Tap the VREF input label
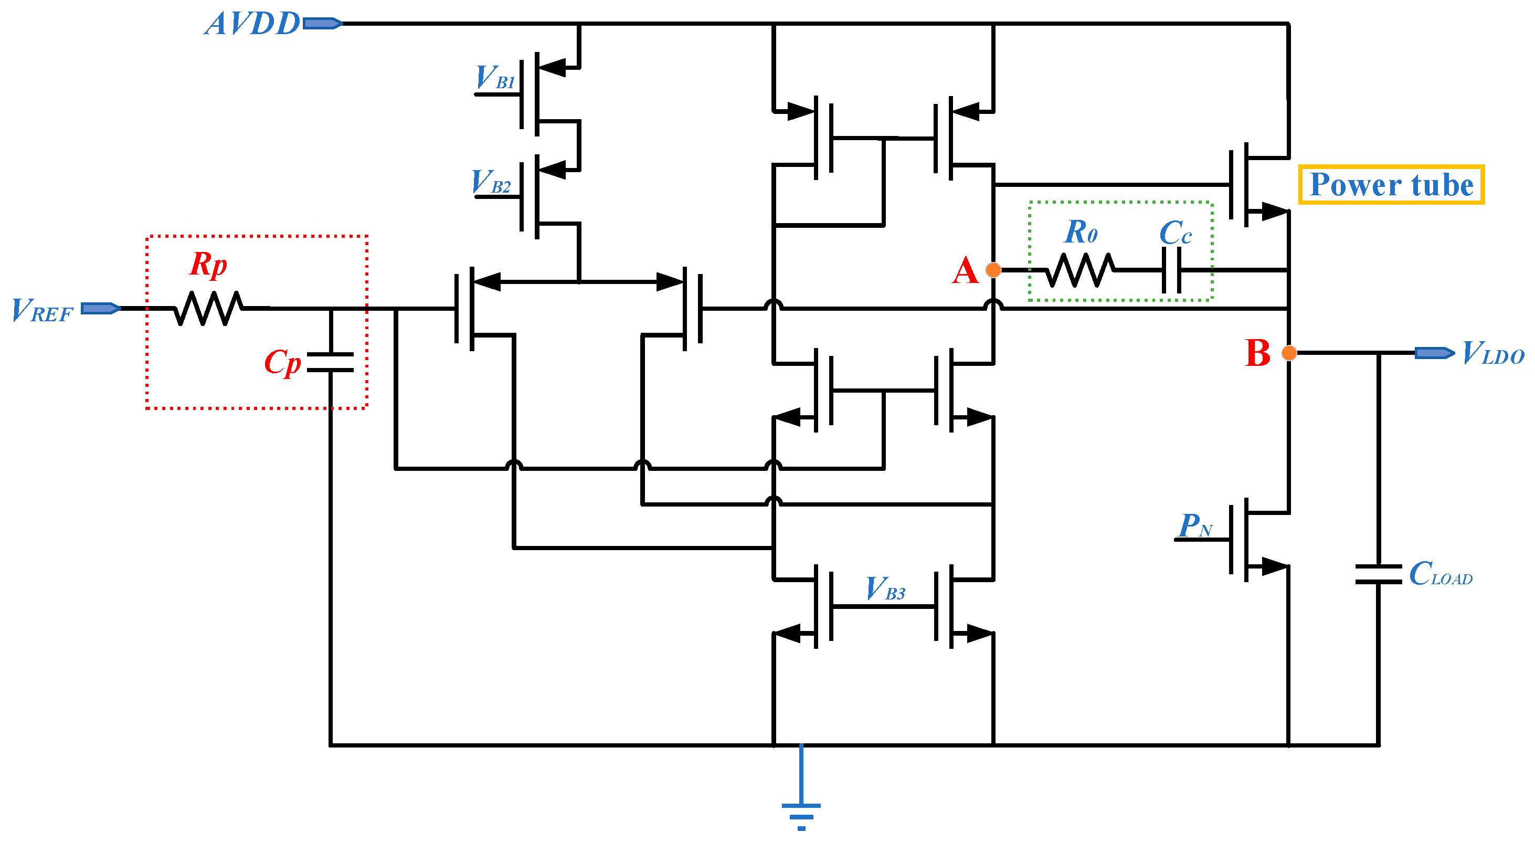click(41, 310)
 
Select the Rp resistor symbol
click(208, 308)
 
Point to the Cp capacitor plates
click(330, 362)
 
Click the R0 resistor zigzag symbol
click(1079, 270)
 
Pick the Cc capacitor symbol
click(1171, 270)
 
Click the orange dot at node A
click(993, 270)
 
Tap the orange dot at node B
click(1288, 353)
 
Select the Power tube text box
click(1391, 185)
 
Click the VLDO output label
click(1492, 353)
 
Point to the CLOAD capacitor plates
click(1378, 574)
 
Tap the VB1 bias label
click(494, 78)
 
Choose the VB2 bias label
click(491, 182)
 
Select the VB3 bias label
click(885, 589)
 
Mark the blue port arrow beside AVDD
click(322, 23)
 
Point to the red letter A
click(965, 271)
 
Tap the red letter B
click(1257, 353)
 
